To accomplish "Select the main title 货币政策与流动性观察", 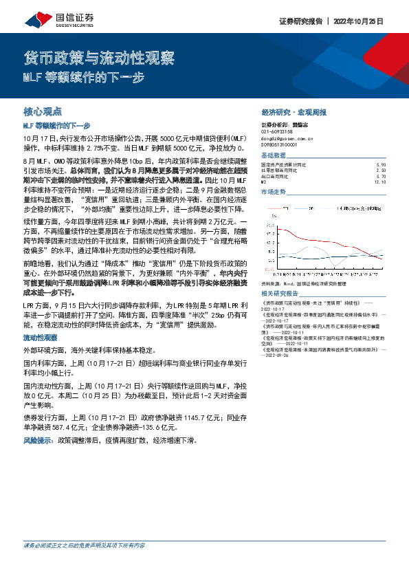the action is point(99,57).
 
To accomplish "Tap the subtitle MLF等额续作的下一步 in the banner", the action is point(84,78).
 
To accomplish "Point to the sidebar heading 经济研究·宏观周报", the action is point(294,111).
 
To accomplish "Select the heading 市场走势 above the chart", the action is point(274,192).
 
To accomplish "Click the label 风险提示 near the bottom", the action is point(39,439).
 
